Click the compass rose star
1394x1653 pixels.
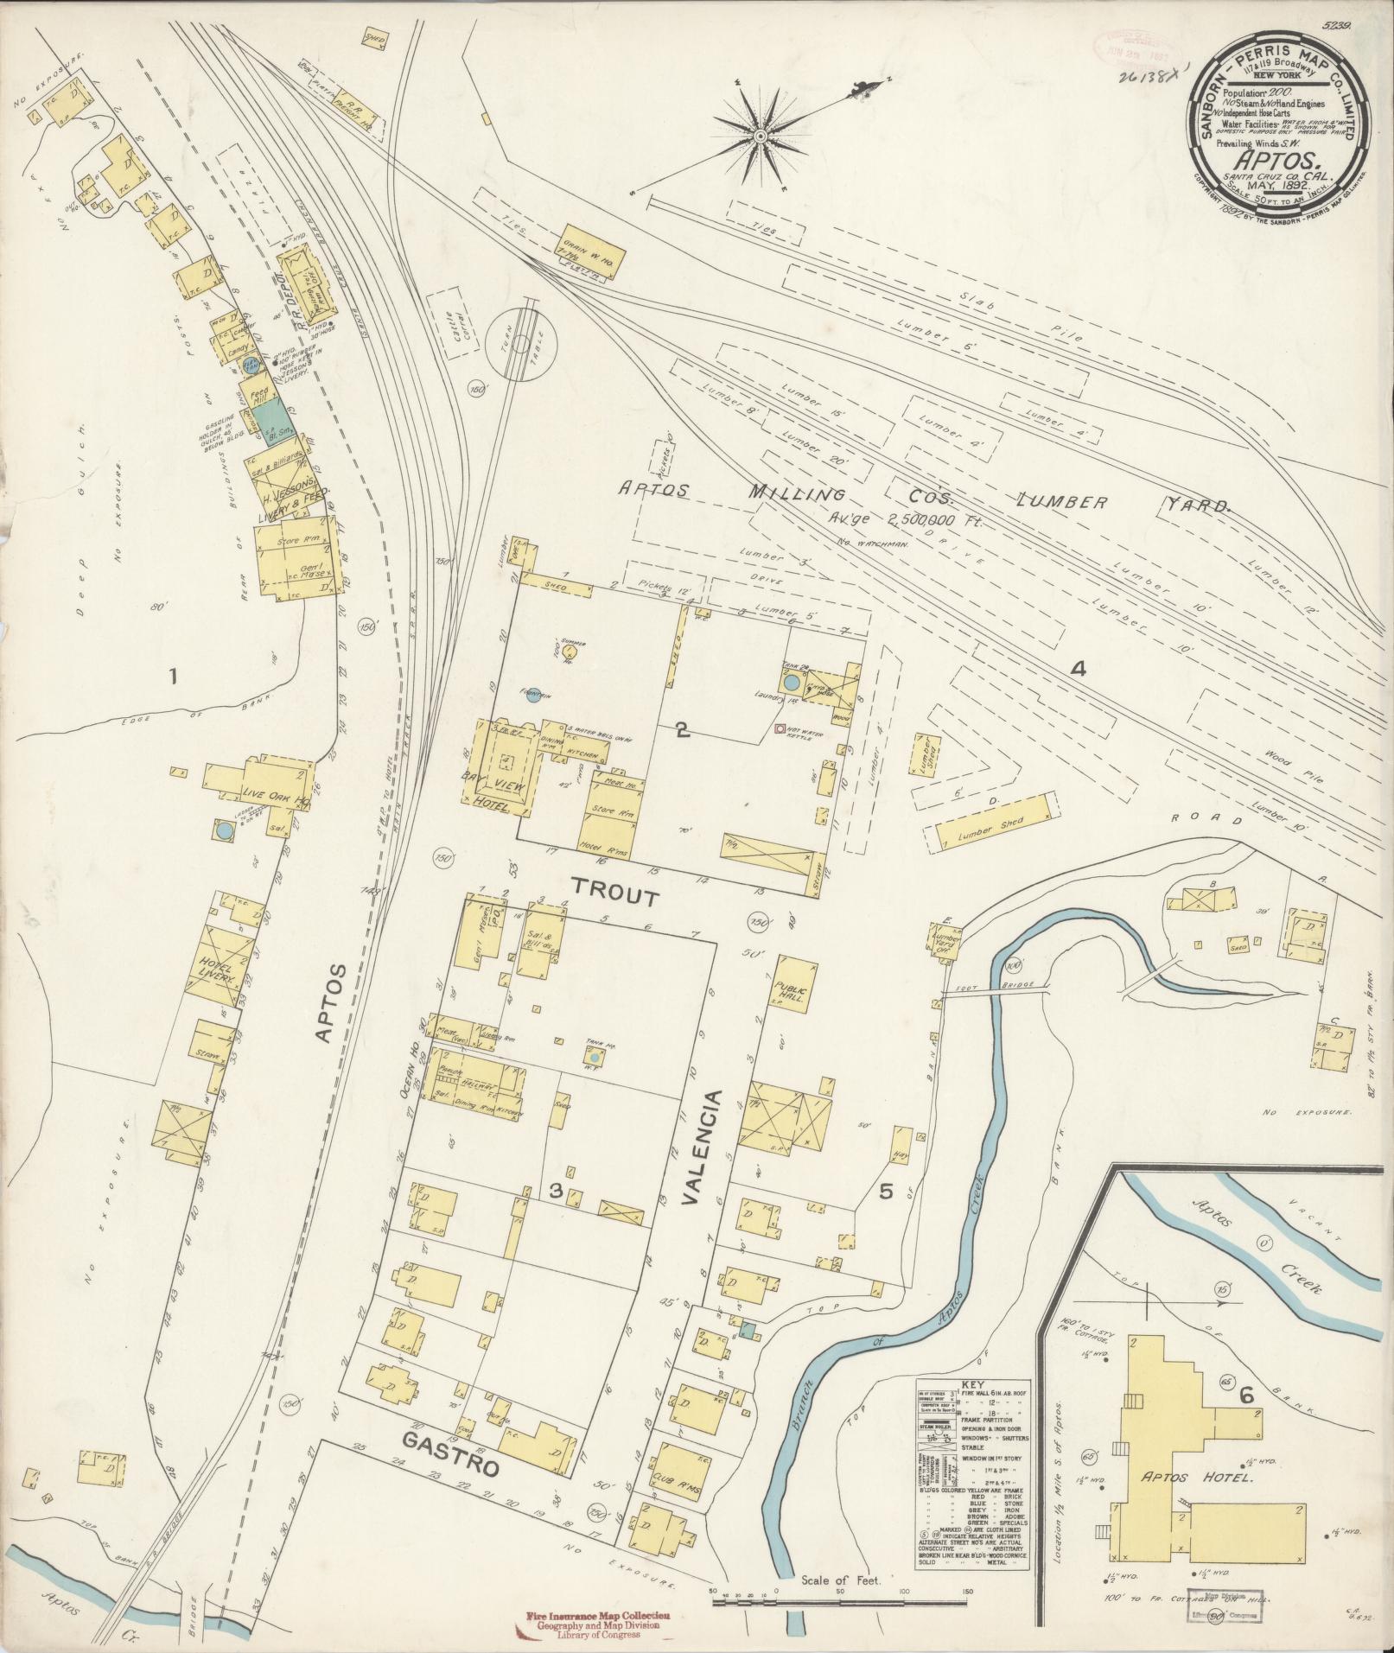[x=761, y=137]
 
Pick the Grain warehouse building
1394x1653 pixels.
[x=592, y=251]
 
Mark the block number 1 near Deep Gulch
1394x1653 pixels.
[x=174, y=677]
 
